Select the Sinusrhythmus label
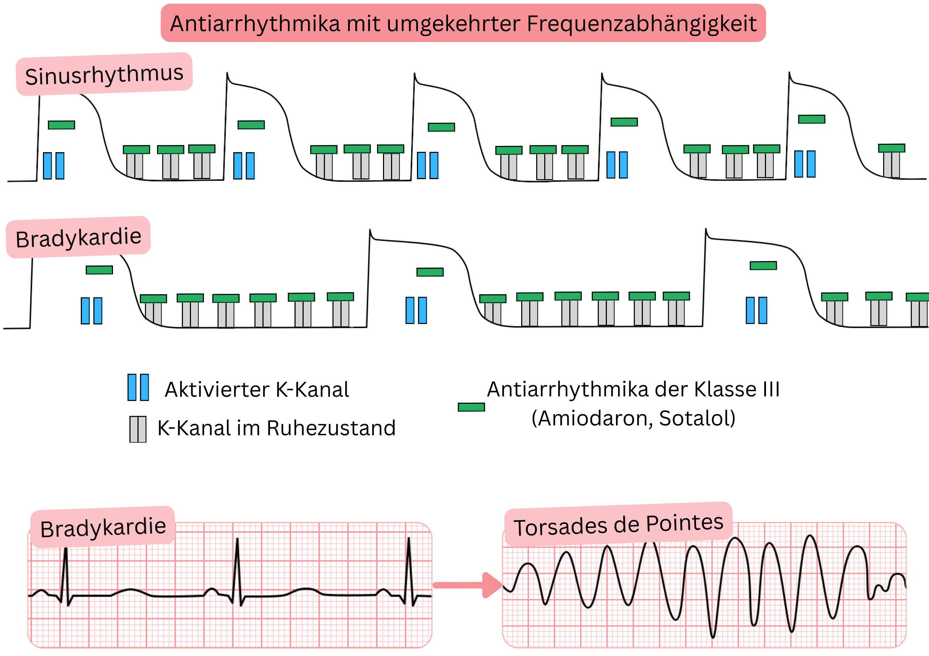point(104,75)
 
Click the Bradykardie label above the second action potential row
point(78,238)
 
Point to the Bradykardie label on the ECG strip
point(103,528)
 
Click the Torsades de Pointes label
point(618,525)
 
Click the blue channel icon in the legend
point(138,387)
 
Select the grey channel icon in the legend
point(138,429)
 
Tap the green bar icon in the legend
point(471,407)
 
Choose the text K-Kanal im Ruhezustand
point(276,428)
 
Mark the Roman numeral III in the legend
point(771,390)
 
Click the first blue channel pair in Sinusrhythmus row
point(54,165)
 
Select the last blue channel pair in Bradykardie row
point(756,310)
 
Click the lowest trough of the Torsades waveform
point(713,635)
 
